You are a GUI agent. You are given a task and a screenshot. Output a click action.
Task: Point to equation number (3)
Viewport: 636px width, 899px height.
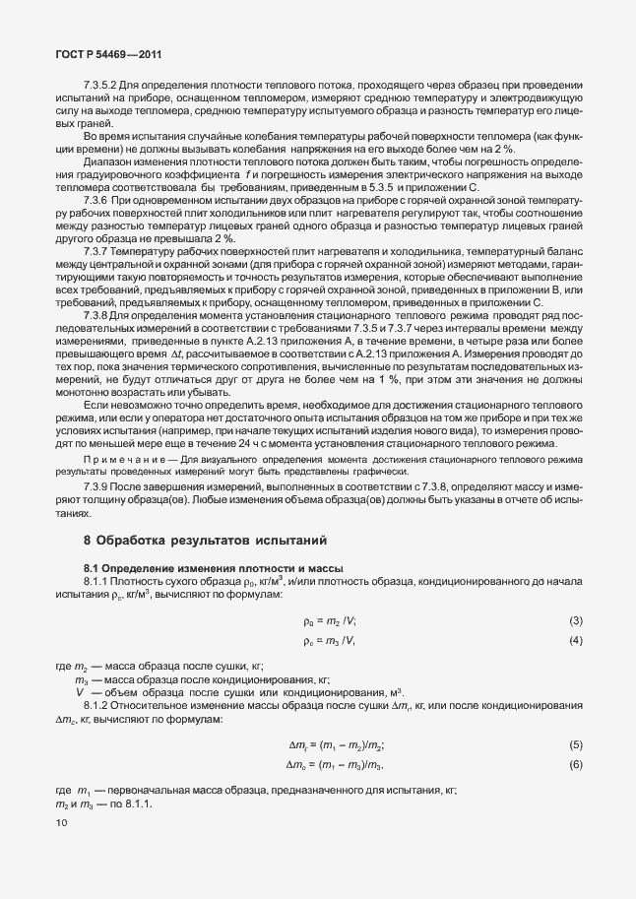coord(576,620)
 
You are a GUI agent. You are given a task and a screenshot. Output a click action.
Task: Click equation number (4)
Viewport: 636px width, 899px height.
coord(576,641)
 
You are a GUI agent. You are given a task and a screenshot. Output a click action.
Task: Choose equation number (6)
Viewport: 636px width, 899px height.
coord(576,764)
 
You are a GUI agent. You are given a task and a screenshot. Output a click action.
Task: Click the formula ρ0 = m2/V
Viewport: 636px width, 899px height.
coord(330,620)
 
